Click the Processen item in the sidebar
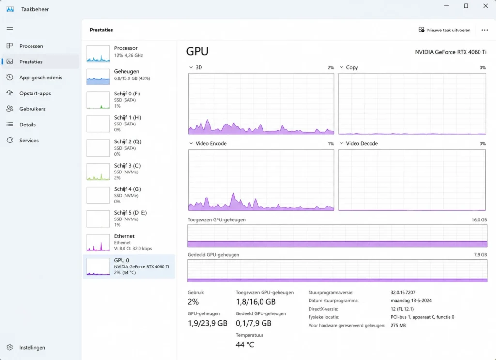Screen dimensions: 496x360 coord(31,46)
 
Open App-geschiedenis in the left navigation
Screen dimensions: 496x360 coord(41,78)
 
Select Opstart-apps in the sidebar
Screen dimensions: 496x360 coord(35,94)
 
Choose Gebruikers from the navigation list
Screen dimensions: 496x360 coord(32,109)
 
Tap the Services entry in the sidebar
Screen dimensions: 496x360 coord(29,141)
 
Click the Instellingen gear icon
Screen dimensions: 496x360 coord(10,347)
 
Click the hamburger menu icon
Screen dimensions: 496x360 coord(10,30)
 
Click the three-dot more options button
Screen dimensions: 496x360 coord(484,30)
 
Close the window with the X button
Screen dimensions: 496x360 coord(485,6)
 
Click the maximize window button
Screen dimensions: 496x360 coord(466,6)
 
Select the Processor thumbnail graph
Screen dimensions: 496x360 coord(98,53)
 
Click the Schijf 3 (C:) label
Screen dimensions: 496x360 coord(127,165)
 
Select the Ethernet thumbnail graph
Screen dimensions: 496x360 coord(98,243)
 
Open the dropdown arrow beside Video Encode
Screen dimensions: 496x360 coord(191,143)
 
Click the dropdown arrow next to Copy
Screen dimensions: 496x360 coord(341,67)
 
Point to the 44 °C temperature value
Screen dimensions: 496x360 coord(245,344)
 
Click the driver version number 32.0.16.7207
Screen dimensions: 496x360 coord(403,292)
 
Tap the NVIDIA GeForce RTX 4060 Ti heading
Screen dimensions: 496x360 coord(450,52)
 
